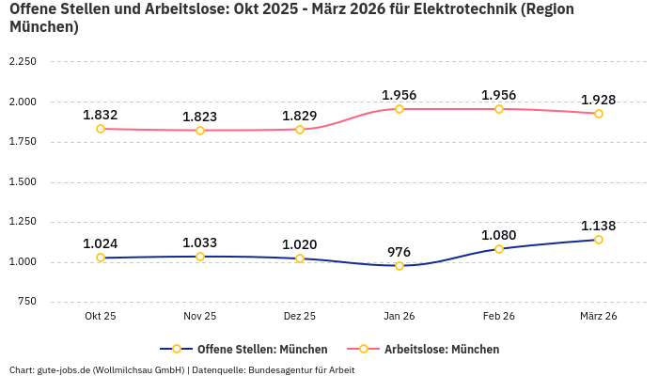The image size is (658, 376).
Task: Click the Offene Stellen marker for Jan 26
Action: pyautogui.click(x=399, y=266)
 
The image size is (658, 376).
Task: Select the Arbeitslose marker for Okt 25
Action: pyautogui.click(x=101, y=129)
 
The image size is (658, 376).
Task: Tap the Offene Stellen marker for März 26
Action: pyautogui.click(x=599, y=240)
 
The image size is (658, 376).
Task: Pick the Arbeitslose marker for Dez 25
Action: pyautogui.click(x=300, y=130)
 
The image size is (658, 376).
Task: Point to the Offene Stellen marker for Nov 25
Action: pyautogui.click(x=200, y=257)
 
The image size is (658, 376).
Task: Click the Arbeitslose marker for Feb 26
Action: pyautogui.click(x=499, y=109)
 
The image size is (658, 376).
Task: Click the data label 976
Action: pyautogui.click(x=399, y=252)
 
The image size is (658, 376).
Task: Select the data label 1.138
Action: pyautogui.click(x=599, y=226)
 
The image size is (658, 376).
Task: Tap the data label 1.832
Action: pyautogui.click(x=101, y=115)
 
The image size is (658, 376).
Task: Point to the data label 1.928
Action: pyautogui.click(x=599, y=100)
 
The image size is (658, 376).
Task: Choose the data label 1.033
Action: pyautogui.click(x=200, y=243)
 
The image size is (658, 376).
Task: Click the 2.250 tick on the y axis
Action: pyautogui.click(x=22, y=62)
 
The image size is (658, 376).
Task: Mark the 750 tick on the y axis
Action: pyautogui.click(x=26, y=302)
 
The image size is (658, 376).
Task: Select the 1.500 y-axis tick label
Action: pyautogui.click(x=22, y=181)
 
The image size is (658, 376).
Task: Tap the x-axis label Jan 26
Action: pyautogui.click(x=399, y=317)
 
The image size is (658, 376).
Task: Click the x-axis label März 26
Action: pyautogui.click(x=599, y=317)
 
